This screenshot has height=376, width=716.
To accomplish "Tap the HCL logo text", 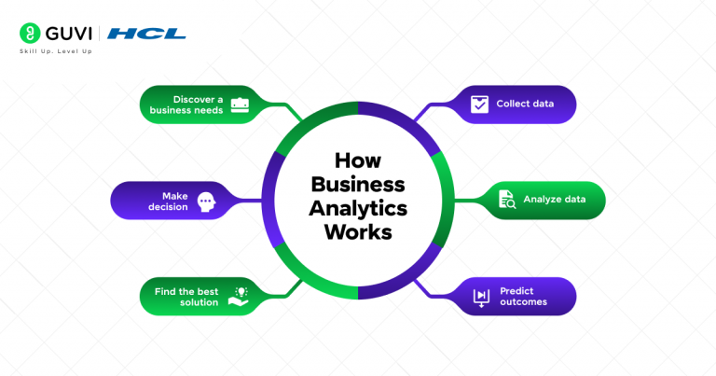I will tap(146, 35).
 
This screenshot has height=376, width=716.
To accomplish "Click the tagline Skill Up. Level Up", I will tap(55, 51).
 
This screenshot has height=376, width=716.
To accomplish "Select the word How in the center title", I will tap(357, 161).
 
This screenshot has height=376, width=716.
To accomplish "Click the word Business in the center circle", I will tap(357, 184).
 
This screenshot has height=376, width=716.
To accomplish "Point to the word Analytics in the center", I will tap(357, 207).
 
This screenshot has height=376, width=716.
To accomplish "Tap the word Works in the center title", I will tap(357, 230).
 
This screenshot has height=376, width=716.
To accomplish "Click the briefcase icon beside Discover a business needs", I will tap(239, 104).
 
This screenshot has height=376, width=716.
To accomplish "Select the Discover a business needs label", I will tap(186, 104).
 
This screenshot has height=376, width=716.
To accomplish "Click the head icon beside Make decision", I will tap(206, 201).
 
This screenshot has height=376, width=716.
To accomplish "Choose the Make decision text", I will tap(174, 201).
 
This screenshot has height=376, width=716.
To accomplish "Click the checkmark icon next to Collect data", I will tap(479, 104).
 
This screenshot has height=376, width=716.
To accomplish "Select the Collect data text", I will tap(525, 104).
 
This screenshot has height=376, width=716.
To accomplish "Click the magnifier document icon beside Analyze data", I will tap(508, 199).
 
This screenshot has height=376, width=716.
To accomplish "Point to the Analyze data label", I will tap(554, 200).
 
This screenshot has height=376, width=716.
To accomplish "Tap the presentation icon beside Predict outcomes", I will tap(481, 296).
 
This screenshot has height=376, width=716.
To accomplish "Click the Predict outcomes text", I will tap(523, 296).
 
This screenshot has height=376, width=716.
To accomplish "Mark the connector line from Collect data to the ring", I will tap(424, 113).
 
